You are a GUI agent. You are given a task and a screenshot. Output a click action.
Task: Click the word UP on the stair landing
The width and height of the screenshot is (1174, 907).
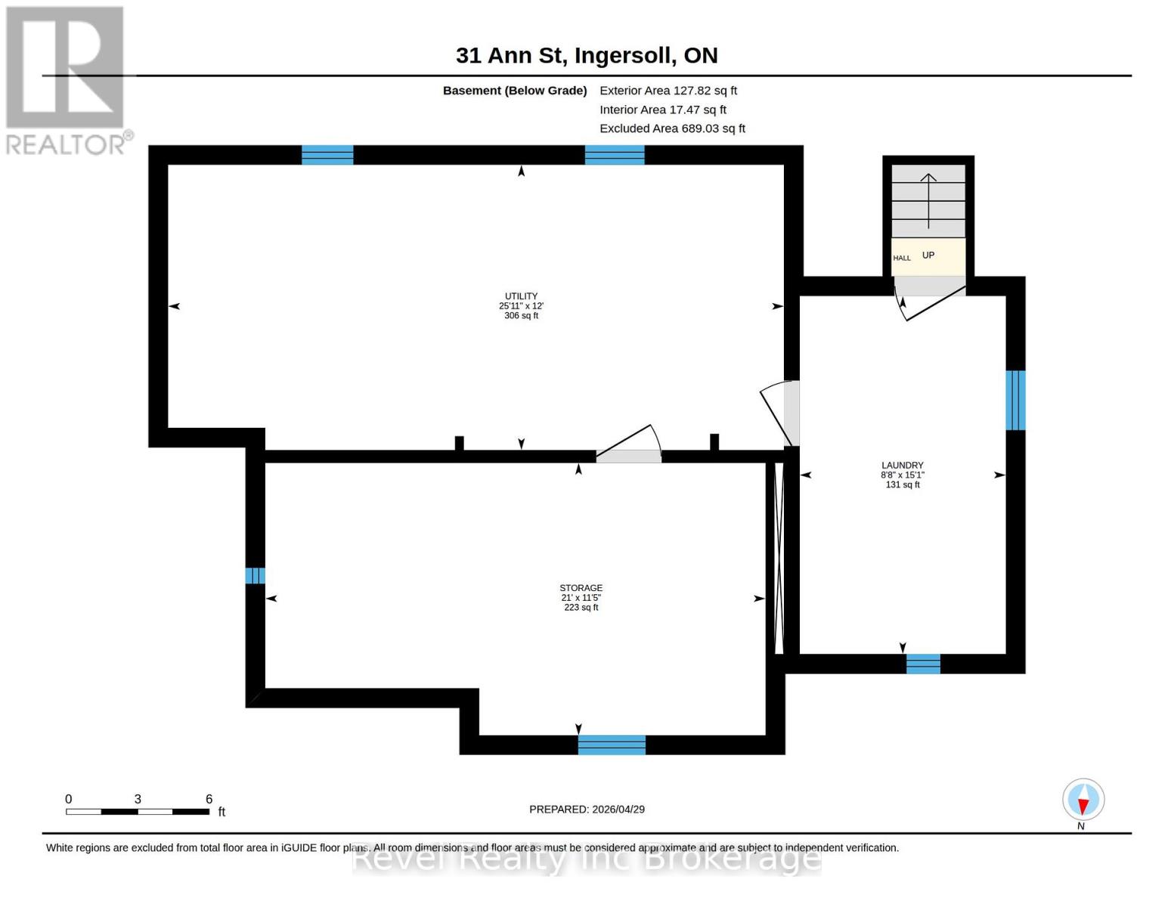tap(928, 255)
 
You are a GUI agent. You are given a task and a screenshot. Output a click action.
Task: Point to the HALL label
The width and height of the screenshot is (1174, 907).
tap(902, 258)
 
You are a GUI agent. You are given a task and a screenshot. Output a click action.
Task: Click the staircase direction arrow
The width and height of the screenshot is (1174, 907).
tap(928, 200)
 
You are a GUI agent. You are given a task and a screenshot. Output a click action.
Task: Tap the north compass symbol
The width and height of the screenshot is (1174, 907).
tap(1083, 800)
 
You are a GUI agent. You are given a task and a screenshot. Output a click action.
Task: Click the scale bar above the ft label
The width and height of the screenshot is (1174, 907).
tap(138, 812)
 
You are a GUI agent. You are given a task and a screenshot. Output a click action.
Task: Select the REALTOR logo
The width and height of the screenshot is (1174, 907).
tap(67, 80)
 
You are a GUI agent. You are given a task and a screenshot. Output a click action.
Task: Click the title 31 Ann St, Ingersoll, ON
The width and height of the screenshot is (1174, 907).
tap(587, 55)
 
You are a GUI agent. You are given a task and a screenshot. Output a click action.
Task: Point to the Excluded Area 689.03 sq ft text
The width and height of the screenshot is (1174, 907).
tap(672, 128)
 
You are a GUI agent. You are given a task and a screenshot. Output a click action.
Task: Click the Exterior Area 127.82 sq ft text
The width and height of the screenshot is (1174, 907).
tap(668, 91)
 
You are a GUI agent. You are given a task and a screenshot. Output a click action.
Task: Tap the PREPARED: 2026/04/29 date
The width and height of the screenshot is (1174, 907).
tap(587, 809)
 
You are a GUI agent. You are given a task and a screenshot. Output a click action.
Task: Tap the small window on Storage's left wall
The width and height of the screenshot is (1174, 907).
tap(255, 576)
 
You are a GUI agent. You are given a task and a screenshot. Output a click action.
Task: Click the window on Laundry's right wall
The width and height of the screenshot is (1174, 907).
tap(1015, 400)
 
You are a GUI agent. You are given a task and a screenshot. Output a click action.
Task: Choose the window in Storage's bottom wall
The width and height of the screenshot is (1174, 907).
tap(612, 744)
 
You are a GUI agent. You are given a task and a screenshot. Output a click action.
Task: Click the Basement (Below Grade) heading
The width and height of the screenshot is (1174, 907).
tap(515, 91)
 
